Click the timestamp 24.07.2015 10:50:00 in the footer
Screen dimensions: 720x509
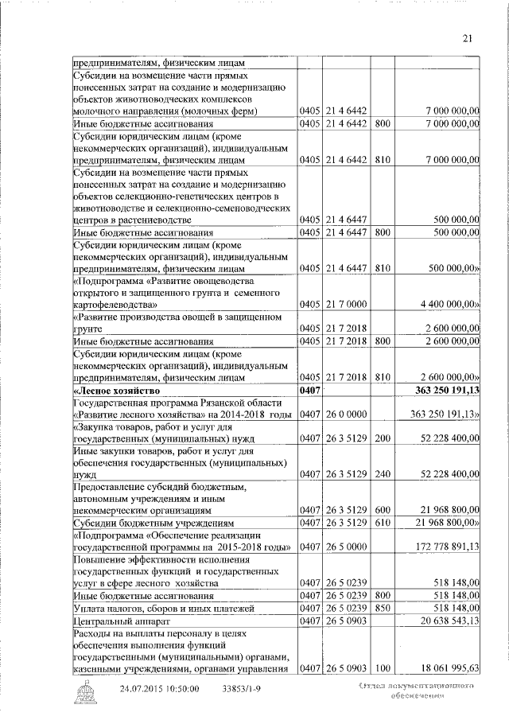point(160,688)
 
